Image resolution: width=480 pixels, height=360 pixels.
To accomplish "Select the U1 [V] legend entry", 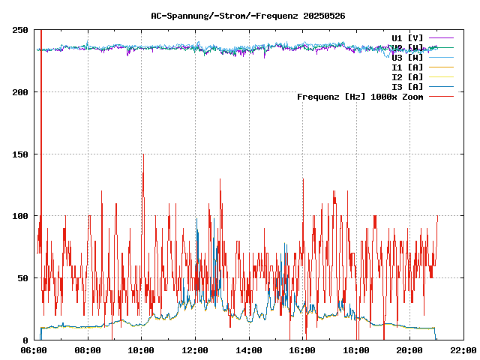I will (x=407, y=37).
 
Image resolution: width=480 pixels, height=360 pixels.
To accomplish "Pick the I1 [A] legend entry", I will (x=407, y=67).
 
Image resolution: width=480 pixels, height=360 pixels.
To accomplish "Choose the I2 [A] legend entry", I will (x=407, y=76).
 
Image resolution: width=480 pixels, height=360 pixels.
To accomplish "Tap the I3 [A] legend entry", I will (x=407, y=86).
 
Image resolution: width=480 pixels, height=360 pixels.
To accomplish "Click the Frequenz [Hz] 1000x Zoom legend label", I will (x=360, y=96).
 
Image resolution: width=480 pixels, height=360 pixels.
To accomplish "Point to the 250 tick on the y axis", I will (x=20, y=30).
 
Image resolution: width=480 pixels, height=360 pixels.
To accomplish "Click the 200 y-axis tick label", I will (x=20, y=92).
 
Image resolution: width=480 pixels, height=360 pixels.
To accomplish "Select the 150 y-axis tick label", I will (x=20, y=154).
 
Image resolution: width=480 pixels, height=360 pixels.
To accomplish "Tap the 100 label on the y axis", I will (x=20, y=216).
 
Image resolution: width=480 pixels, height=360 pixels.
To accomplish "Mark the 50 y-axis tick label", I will (x=22, y=278).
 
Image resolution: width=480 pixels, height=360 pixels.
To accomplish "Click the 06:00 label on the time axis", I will (x=34, y=350).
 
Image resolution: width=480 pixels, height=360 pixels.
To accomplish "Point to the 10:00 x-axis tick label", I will (x=142, y=350).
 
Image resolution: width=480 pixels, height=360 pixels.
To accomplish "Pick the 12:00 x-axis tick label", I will (x=195, y=350).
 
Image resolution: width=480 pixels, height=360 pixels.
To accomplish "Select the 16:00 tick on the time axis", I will (x=302, y=350).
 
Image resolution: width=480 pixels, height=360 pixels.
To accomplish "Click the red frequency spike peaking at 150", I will (x=142, y=156).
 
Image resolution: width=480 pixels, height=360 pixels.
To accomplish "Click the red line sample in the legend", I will (x=442, y=96).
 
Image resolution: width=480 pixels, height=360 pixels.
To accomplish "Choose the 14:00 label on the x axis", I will (x=249, y=350).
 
